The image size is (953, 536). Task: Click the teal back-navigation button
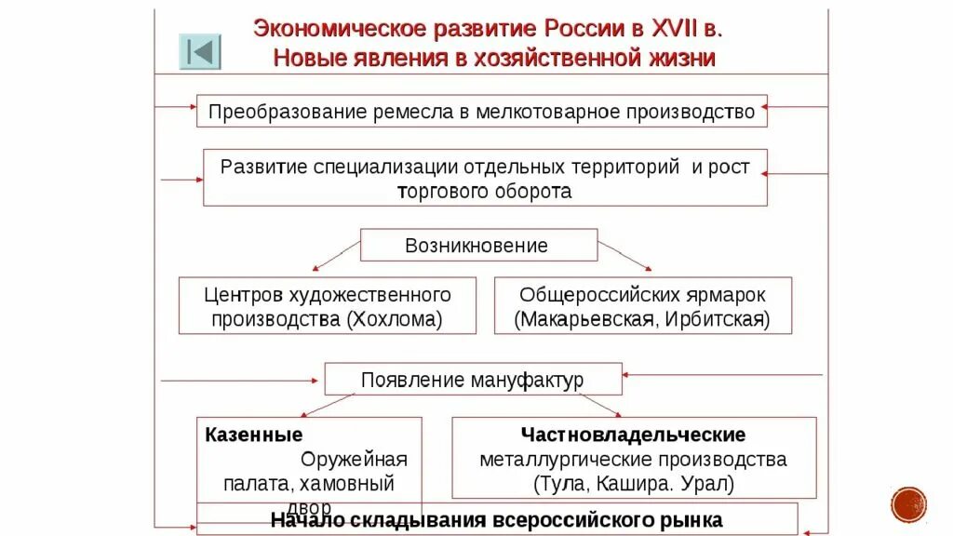pos(200,51)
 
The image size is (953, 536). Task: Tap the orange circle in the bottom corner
pos(908,504)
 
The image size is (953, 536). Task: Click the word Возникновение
pos(476,246)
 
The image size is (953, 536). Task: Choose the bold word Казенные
pos(253,435)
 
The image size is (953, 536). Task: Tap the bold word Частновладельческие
pos(633,435)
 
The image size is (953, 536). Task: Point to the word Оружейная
pos(354,459)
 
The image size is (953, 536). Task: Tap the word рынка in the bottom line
pos(690,519)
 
